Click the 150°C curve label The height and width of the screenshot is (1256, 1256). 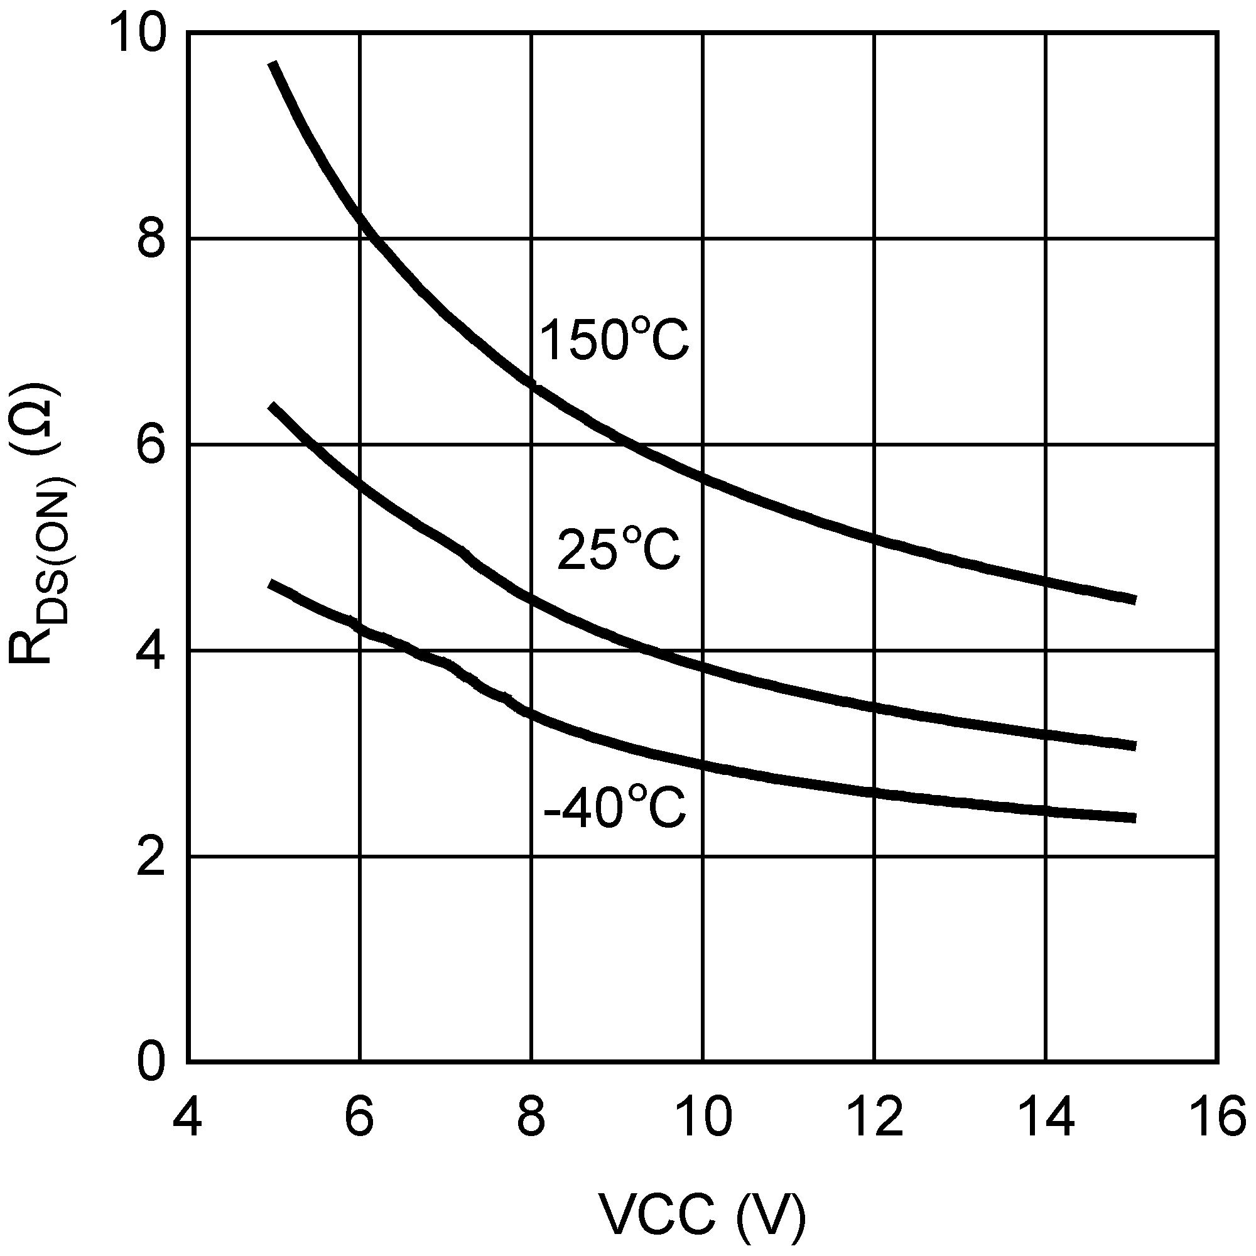(614, 339)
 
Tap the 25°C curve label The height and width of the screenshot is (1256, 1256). (618, 549)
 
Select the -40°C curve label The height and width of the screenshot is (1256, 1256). (614, 808)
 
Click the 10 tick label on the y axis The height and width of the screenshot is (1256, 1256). (136, 36)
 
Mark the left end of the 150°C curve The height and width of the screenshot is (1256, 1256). (274, 63)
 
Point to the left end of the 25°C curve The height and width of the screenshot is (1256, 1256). (273, 406)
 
